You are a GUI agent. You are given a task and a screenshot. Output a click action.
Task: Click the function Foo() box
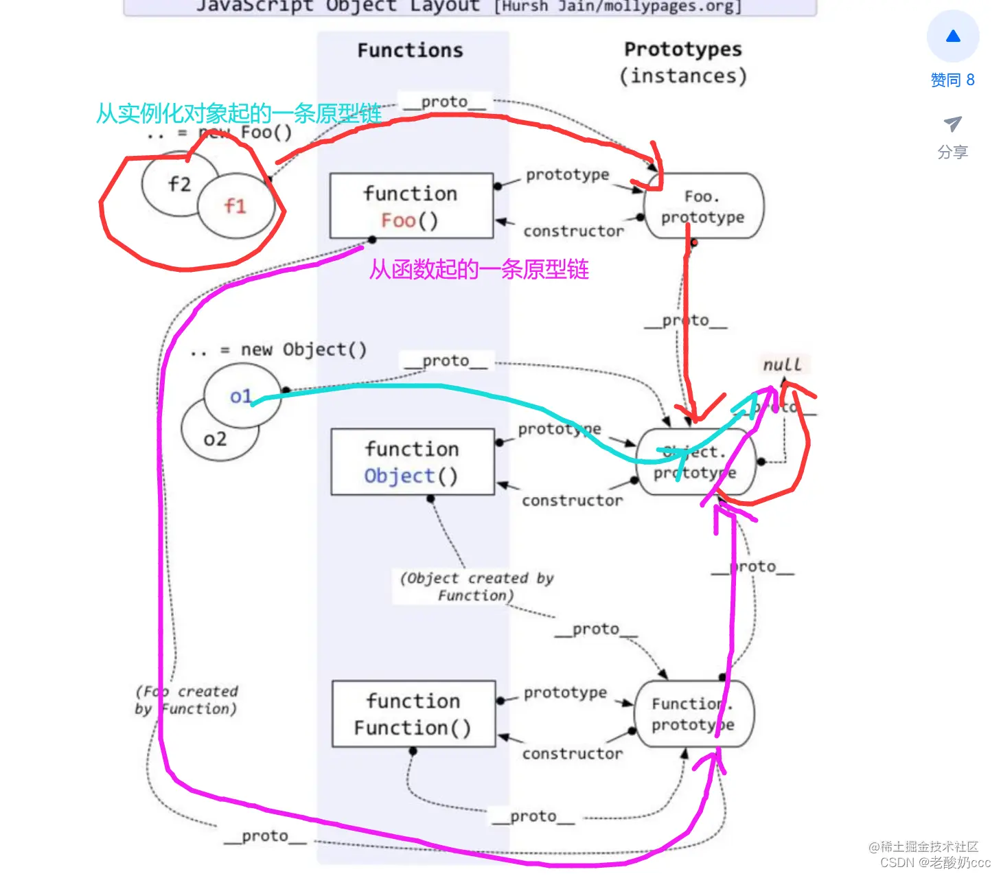click(x=411, y=206)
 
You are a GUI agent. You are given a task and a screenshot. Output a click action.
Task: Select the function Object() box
click(x=412, y=462)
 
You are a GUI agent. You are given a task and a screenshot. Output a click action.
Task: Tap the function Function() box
click(x=413, y=714)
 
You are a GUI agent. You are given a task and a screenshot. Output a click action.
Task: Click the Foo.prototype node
click(x=703, y=206)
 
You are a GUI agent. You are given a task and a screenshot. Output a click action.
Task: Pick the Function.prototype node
click(x=693, y=714)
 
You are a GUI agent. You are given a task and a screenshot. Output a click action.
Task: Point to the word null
click(x=782, y=365)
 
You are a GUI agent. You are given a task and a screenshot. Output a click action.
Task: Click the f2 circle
click(x=175, y=183)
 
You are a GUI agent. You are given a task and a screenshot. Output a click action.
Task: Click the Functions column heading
click(x=410, y=50)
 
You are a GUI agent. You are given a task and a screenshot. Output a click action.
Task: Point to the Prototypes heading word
click(x=682, y=49)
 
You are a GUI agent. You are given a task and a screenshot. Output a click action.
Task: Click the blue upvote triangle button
click(x=953, y=36)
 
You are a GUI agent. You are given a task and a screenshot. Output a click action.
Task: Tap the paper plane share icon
click(x=952, y=124)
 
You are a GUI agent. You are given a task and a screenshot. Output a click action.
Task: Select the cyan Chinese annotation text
click(x=238, y=113)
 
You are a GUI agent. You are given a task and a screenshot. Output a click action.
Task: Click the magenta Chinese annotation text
click(x=479, y=269)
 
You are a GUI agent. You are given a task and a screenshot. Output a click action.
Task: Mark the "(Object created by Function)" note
click(x=476, y=587)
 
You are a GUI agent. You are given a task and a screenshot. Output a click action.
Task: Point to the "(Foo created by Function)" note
click(x=187, y=700)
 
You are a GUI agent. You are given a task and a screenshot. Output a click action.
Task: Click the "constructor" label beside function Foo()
click(x=573, y=231)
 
